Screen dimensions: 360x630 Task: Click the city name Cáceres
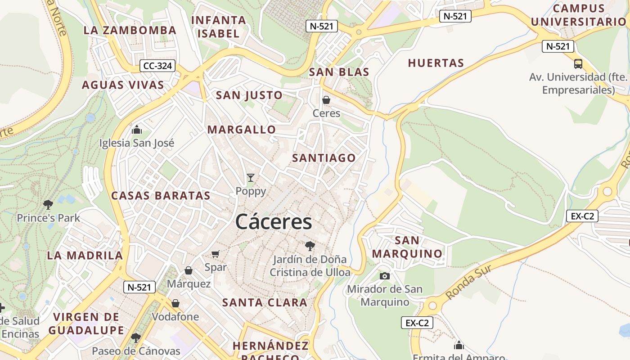pos(273,222)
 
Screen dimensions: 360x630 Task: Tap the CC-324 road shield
pos(157,66)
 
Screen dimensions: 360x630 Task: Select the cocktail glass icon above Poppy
pos(251,178)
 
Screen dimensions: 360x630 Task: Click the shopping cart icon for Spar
pos(216,254)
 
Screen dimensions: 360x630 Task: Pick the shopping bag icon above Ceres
pos(326,100)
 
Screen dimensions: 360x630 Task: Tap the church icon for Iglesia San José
pos(137,130)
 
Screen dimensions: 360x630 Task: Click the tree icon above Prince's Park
pos(48,205)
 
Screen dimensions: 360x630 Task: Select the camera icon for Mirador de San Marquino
pos(385,276)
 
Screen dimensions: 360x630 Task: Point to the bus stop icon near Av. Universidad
pos(578,64)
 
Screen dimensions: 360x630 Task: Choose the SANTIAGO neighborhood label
pos(324,158)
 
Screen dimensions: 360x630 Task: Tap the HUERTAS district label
pos(436,63)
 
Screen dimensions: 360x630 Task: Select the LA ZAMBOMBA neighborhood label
pos(130,30)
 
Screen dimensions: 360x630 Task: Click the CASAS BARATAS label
pos(161,196)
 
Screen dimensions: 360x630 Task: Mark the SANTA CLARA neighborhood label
pos(265,302)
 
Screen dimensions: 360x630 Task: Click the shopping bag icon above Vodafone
pos(175,303)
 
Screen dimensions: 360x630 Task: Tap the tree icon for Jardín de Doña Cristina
pos(310,246)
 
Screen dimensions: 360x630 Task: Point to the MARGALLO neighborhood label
pos(242,130)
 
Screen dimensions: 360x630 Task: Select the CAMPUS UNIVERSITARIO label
pos(578,15)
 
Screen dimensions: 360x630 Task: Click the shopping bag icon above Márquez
pos(189,270)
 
